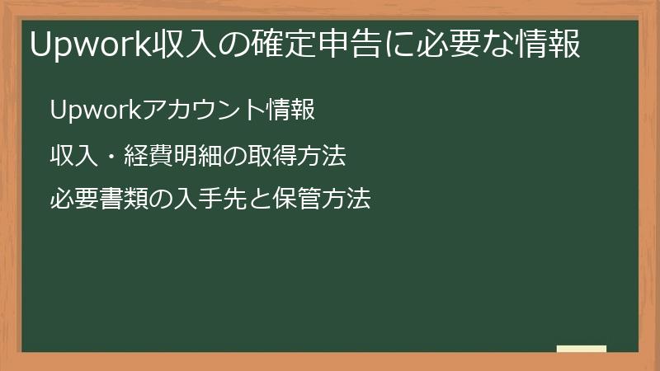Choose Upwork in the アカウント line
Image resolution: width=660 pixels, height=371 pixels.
(x=96, y=110)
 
